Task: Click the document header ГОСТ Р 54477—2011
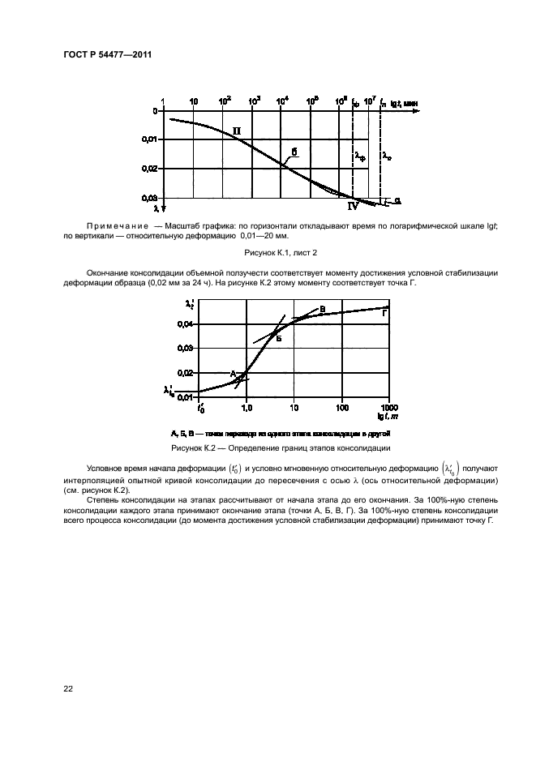(x=107, y=55)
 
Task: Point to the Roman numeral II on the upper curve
(x=236, y=130)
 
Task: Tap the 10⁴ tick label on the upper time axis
(x=282, y=101)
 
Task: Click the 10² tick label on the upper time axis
(x=225, y=101)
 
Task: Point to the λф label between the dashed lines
(x=360, y=156)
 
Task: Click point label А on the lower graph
(x=233, y=373)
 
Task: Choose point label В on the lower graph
(x=322, y=309)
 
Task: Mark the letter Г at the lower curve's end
(x=384, y=313)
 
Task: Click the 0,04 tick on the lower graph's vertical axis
(x=186, y=324)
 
